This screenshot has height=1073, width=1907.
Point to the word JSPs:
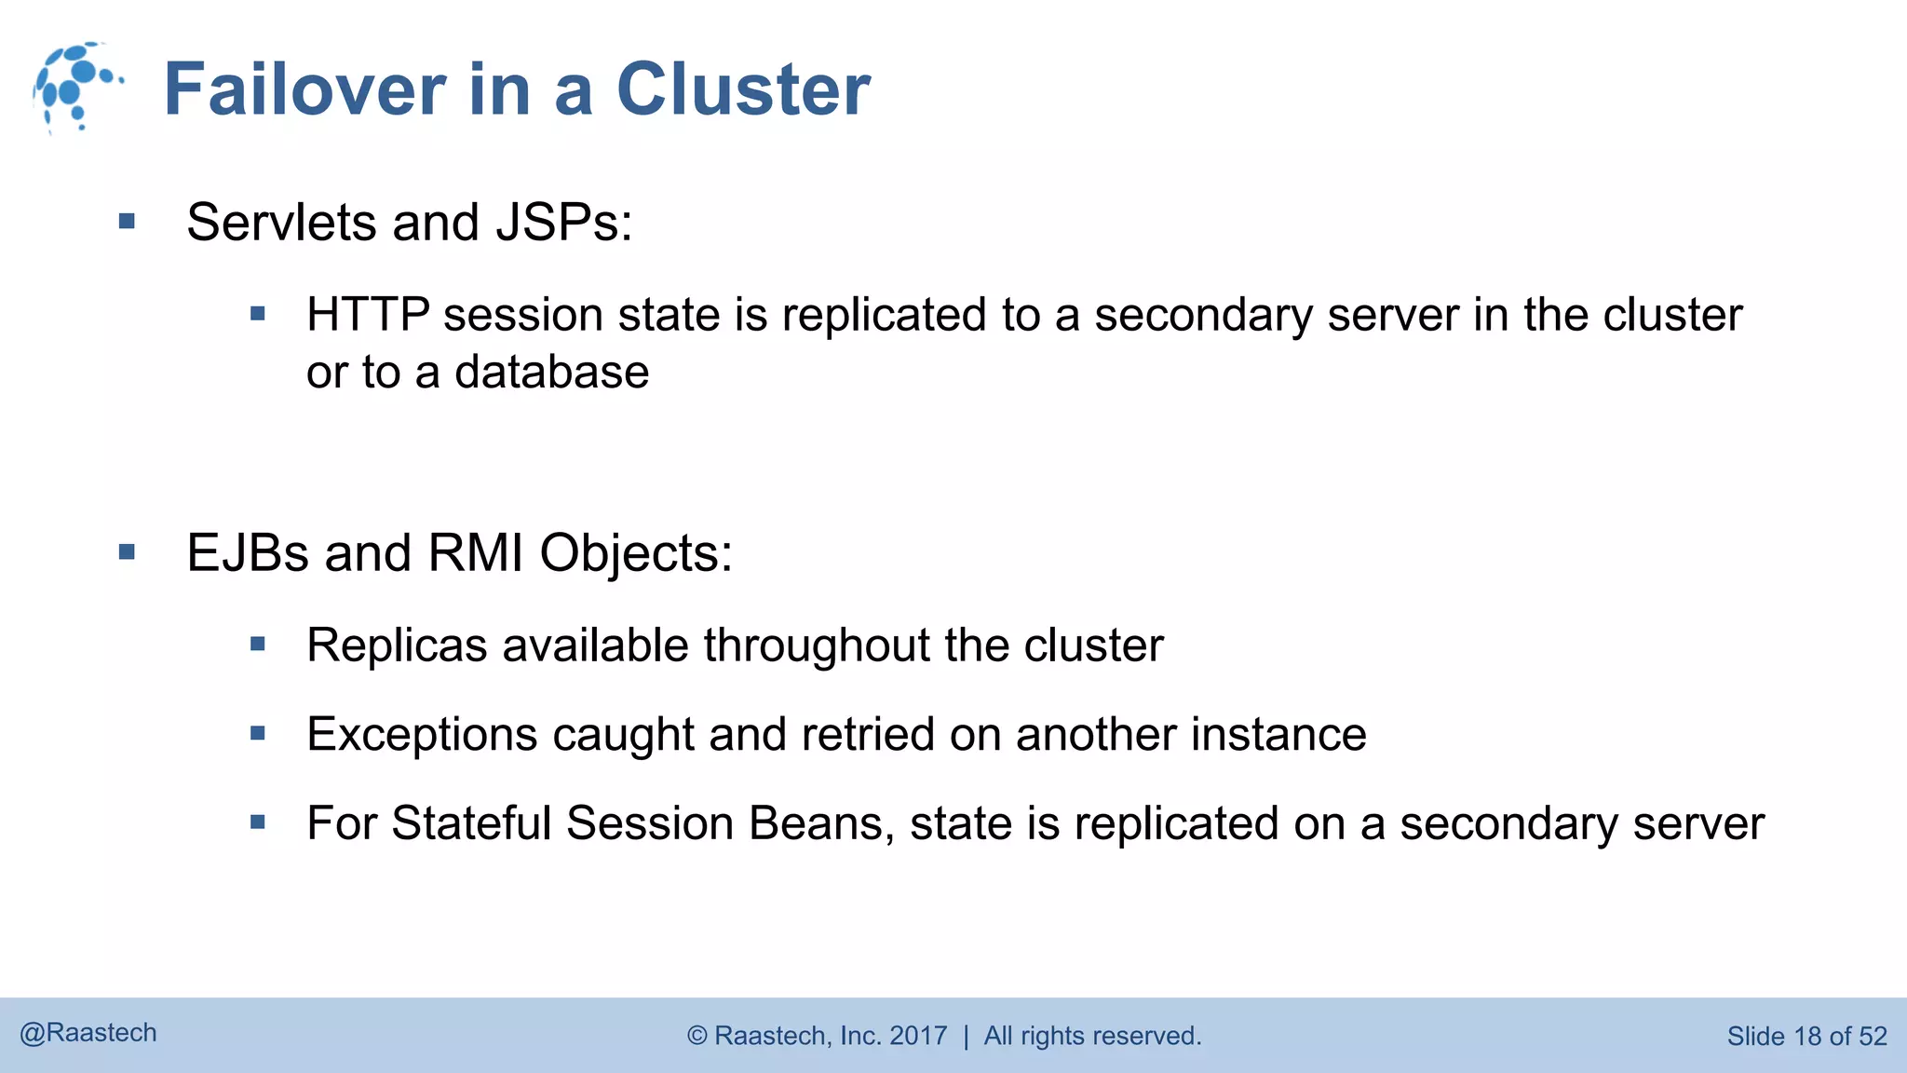coord(564,223)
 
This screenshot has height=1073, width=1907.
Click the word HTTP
coord(368,315)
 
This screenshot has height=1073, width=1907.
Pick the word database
coord(551,373)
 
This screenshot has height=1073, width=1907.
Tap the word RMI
coord(475,553)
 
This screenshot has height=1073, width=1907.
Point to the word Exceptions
coord(422,735)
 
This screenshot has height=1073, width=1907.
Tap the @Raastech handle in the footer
coord(88,1033)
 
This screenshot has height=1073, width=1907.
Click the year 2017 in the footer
coord(918,1036)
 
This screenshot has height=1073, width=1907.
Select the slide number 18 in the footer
coord(1806,1037)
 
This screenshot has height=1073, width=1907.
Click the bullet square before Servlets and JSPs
coord(128,222)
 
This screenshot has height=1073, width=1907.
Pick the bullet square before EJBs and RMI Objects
coord(128,552)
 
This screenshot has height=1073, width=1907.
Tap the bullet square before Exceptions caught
coord(258,734)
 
